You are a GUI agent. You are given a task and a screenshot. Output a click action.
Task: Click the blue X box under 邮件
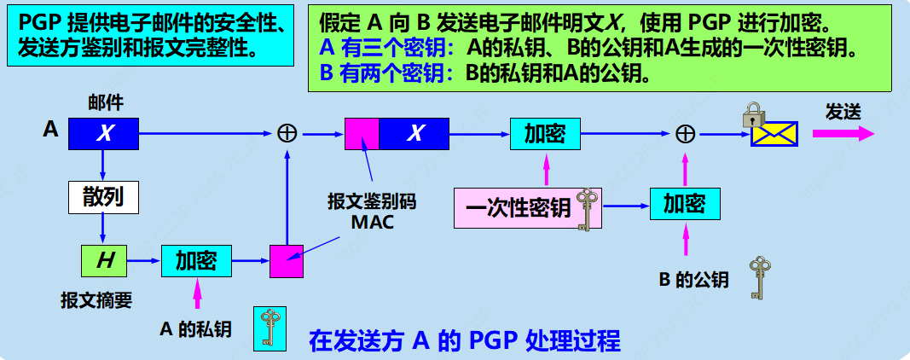pyautogui.click(x=103, y=133)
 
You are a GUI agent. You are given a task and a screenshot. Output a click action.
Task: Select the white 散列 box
pyautogui.click(x=103, y=198)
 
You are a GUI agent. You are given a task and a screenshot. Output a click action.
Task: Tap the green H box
pyautogui.click(x=103, y=260)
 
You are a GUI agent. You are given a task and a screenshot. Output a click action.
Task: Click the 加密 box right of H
pyautogui.click(x=195, y=260)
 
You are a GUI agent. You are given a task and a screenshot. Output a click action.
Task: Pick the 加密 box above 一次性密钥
pyautogui.click(x=544, y=133)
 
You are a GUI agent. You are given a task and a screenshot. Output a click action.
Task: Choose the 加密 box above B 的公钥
pyautogui.click(x=685, y=204)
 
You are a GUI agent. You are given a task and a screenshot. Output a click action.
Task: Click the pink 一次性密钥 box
pyautogui.click(x=517, y=209)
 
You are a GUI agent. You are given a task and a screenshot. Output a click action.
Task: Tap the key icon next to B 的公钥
pyautogui.click(x=756, y=277)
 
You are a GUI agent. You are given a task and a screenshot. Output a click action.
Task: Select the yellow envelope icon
pyautogui.click(x=774, y=133)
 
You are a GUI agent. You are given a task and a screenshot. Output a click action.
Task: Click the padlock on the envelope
pyautogui.click(x=752, y=115)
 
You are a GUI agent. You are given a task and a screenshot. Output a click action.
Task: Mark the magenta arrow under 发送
pyautogui.click(x=843, y=134)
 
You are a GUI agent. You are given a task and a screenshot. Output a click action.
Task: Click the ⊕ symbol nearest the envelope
pyautogui.click(x=685, y=133)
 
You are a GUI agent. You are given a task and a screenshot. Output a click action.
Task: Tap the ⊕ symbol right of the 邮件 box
pyautogui.click(x=287, y=133)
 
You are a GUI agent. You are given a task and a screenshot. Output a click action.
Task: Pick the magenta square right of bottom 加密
pyautogui.click(x=287, y=260)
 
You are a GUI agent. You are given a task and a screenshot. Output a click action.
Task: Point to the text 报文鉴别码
pyautogui.click(x=372, y=202)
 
